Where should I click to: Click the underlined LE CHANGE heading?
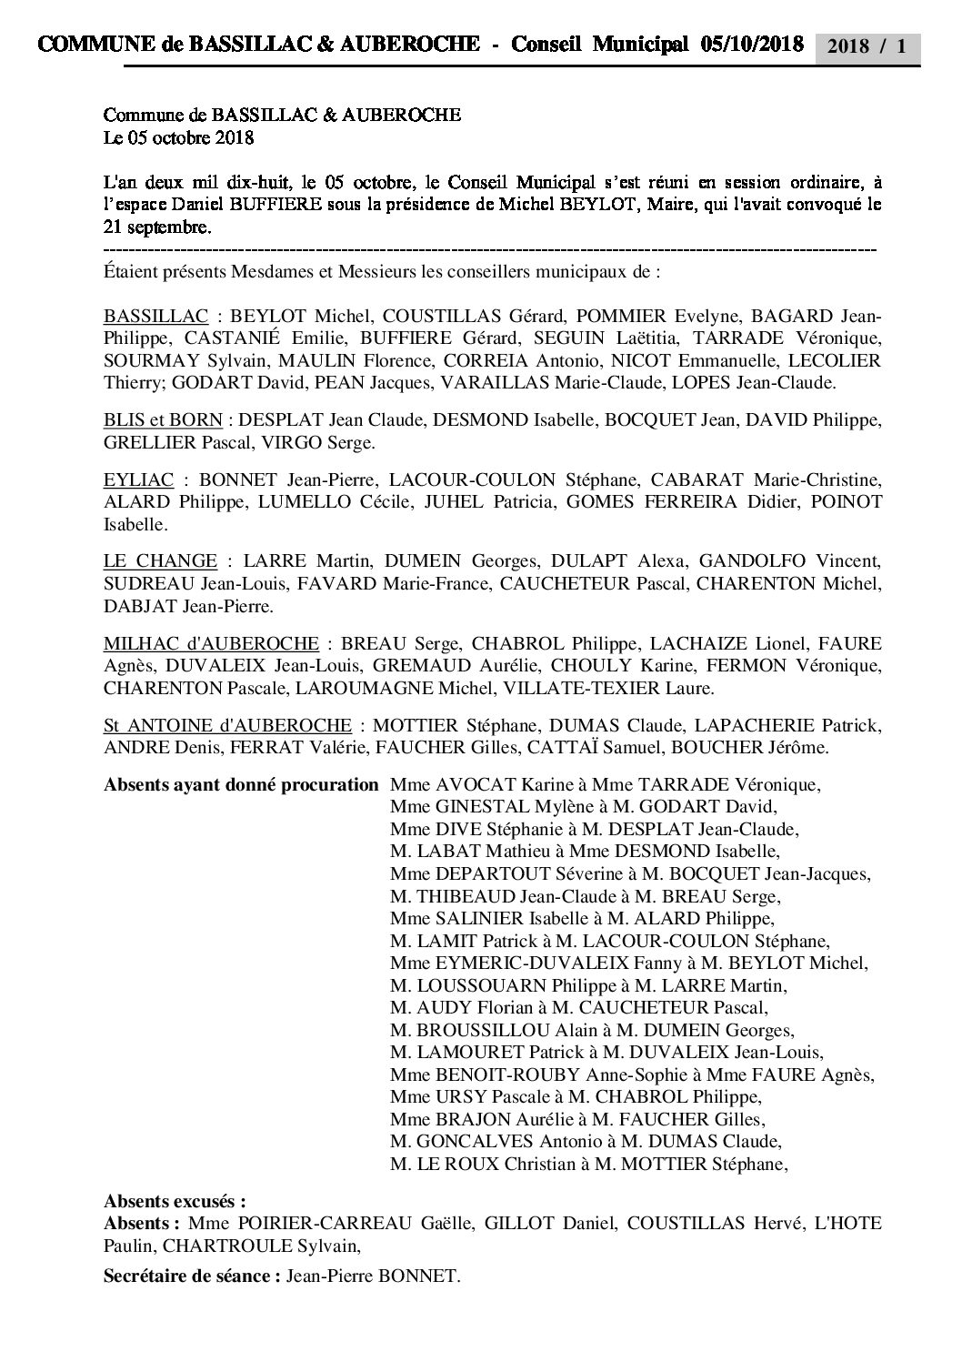coord(161,561)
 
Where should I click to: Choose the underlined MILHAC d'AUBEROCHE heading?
coord(211,643)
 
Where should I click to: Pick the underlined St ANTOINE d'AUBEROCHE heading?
coord(227,725)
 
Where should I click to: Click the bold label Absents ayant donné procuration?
coord(241,784)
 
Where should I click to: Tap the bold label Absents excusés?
coord(175,1201)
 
